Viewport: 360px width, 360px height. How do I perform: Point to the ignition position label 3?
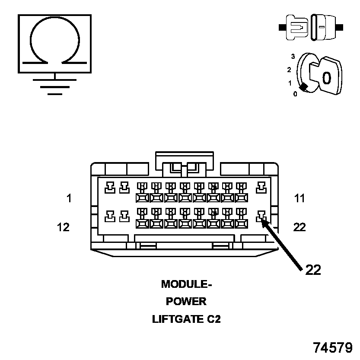pyautogui.click(x=293, y=56)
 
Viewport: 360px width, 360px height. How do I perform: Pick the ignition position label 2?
pyautogui.click(x=289, y=69)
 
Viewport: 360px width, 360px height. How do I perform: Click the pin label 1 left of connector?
pyautogui.click(x=69, y=199)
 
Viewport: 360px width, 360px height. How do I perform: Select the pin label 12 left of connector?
pyautogui.click(x=63, y=227)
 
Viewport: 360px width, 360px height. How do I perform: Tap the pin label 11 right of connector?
pyautogui.click(x=299, y=199)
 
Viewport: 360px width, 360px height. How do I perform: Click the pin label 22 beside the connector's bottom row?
pyautogui.click(x=299, y=227)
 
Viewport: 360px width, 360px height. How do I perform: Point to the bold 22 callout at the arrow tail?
pyautogui.click(x=313, y=270)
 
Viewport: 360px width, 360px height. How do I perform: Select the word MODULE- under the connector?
pyautogui.click(x=187, y=284)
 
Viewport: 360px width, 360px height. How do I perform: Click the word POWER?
pyautogui.click(x=186, y=302)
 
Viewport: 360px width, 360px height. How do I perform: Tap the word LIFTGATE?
pyautogui.click(x=175, y=319)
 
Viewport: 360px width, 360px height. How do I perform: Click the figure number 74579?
pyautogui.click(x=333, y=347)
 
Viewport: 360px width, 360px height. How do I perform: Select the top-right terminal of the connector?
pyautogui.click(x=261, y=187)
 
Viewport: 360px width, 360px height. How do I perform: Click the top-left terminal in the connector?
pyautogui.click(x=111, y=187)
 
